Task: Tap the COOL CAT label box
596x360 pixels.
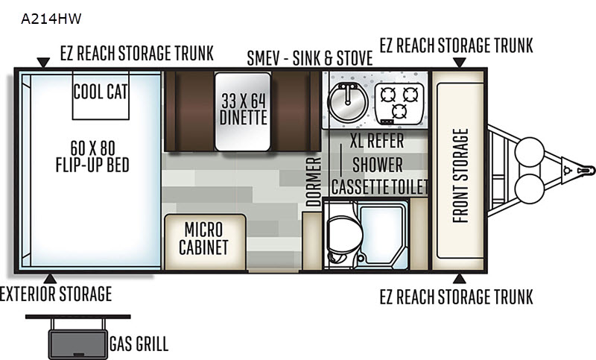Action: coord(101,95)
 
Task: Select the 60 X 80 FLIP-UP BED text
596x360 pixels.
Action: coord(92,157)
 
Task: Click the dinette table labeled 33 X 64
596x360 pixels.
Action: coord(243,112)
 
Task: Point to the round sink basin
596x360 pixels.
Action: coord(348,102)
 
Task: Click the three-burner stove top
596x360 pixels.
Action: coord(399,104)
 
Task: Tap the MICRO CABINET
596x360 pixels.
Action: coord(205,242)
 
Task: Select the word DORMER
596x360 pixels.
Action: coord(314,182)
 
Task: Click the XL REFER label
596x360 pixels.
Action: coord(377,141)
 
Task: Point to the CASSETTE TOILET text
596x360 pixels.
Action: coord(380,186)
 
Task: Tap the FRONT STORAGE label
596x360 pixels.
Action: coord(460,176)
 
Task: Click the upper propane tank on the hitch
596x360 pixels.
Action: coord(530,152)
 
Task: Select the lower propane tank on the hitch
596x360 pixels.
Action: coord(530,189)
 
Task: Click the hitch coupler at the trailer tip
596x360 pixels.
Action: coord(586,170)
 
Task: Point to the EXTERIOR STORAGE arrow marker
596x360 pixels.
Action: coord(50,279)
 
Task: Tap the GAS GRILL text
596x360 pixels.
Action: coord(139,344)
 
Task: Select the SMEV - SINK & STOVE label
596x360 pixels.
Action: coord(309,58)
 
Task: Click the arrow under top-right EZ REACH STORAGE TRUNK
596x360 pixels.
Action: coord(460,63)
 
